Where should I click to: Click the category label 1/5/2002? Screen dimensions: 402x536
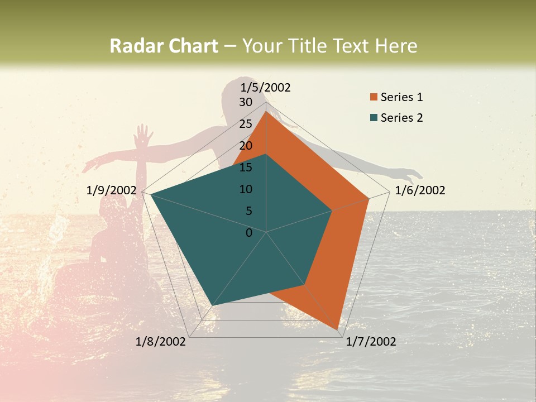[x=266, y=87]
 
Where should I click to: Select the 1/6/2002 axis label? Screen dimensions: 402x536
[x=420, y=190]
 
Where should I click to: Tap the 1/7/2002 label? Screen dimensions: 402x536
[x=371, y=342]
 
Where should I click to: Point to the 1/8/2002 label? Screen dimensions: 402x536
[x=161, y=342]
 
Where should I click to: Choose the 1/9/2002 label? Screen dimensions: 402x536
[x=112, y=190]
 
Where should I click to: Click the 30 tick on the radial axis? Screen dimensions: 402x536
[x=246, y=102]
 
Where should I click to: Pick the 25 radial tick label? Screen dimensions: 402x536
[x=246, y=124]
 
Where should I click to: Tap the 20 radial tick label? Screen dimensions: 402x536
[x=246, y=146]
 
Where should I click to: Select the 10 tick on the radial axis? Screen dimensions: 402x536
[x=246, y=189]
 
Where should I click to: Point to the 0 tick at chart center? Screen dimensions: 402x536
[x=249, y=233]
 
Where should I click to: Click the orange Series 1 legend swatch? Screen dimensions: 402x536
[x=374, y=97]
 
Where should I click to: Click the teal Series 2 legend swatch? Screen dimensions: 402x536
[x=374, y=118]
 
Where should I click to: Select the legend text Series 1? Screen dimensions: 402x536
[x=401, y=97]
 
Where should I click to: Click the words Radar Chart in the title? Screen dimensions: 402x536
[x=164, y=46]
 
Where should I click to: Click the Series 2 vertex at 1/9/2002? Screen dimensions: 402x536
[x=150, y=194]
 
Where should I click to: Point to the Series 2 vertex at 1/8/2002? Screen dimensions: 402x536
[x=213, y=305]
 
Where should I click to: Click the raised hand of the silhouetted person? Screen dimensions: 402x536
[x=143, y=136]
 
